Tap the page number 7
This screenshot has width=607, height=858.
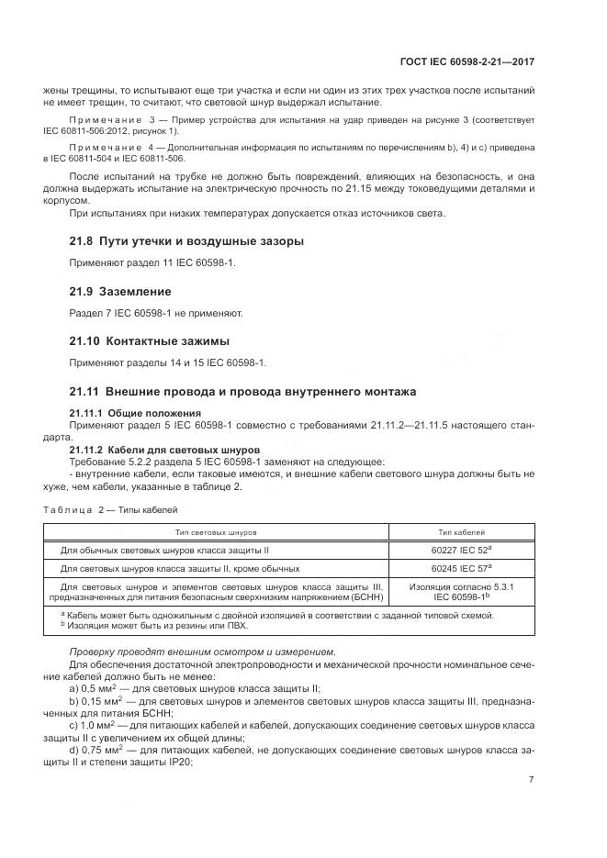point(532,780)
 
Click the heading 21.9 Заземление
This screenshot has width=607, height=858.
point(120,291)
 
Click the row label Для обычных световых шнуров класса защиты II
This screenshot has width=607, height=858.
point(163,552)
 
